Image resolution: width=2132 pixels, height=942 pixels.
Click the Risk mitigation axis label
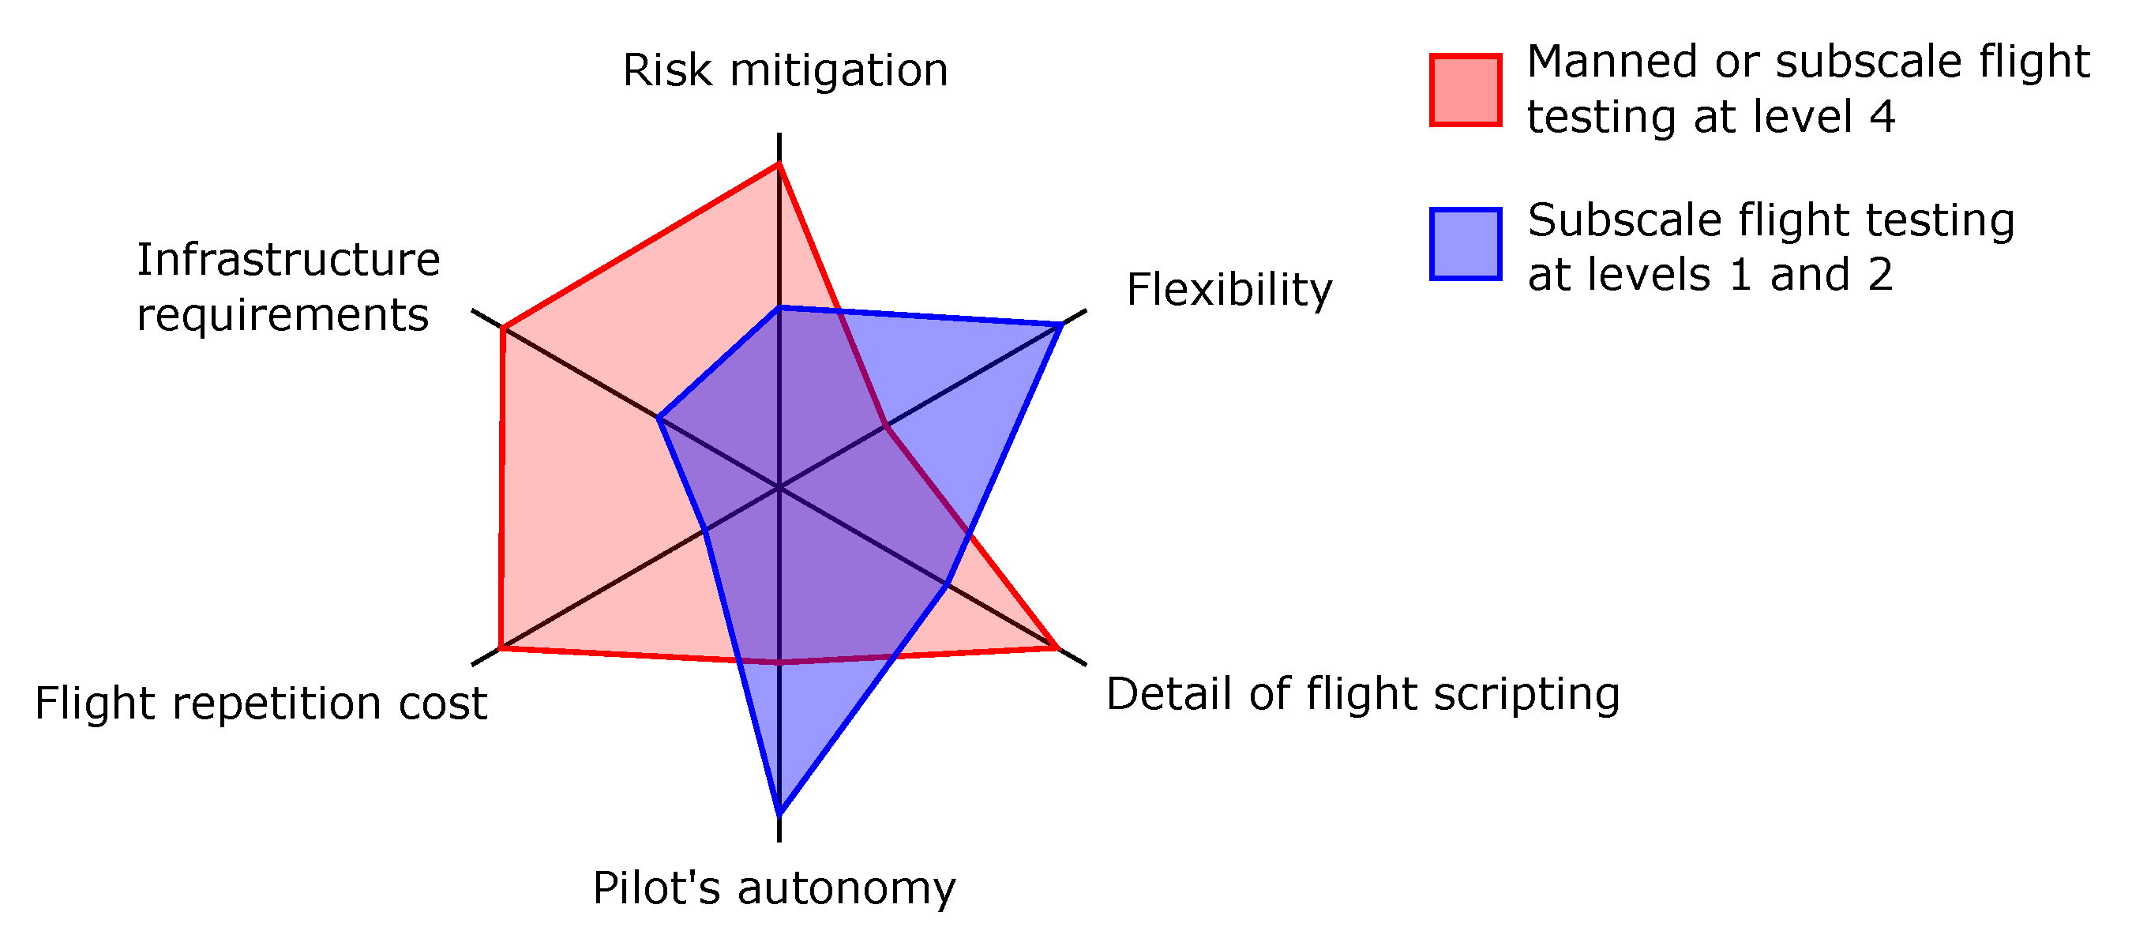(785, 70)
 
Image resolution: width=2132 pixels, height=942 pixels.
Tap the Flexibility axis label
(1229, 290)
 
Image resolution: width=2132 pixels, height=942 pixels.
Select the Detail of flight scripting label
(1362, 694)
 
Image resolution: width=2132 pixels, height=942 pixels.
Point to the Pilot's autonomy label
(774, 888)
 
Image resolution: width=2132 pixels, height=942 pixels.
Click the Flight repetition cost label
(261, 704)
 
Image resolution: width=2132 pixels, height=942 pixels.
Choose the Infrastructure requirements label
(287, 287)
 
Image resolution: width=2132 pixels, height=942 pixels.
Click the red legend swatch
(1465, 90)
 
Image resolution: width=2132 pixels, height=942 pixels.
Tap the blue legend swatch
(1465, 244)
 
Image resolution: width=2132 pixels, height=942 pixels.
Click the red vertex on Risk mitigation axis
(779, 165)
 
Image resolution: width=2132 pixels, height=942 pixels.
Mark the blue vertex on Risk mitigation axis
(779, 308)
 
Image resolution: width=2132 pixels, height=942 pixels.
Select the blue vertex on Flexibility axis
(1061, 325)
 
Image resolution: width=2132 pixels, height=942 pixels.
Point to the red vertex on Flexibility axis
(887, 426)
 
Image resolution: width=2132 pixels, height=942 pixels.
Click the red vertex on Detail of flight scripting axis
(1057, 648)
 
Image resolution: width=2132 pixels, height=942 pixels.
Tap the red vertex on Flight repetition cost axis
(501, 648)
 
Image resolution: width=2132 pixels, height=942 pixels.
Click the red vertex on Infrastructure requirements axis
(503, 329)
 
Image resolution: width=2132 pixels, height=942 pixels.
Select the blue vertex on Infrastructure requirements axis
(659, 418)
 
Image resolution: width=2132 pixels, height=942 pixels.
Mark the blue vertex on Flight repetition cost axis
(704, 531)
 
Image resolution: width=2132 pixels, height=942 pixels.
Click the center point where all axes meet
(779, 489)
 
